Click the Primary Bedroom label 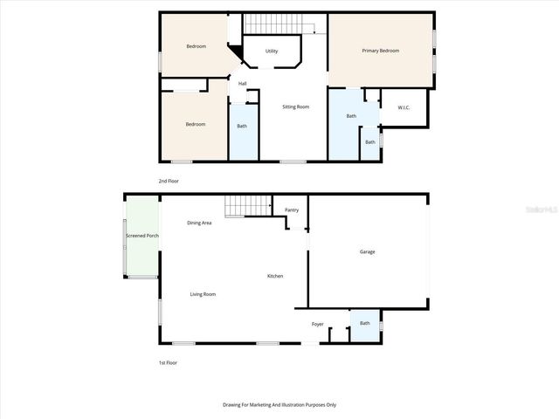(381, 51)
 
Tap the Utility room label (272, 52)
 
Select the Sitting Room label (295, 106)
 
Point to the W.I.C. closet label (404, 107)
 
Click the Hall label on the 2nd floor (242, 84)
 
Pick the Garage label (368, 251)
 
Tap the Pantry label (292, 209)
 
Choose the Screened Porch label (141, 236)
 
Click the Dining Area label (200, 223)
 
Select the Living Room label (203, 294)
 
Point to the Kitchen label (275, 277)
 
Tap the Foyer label (318, 324)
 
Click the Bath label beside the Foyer (365, 323)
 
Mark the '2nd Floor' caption (168, 181)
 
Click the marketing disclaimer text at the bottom (279, 405)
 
